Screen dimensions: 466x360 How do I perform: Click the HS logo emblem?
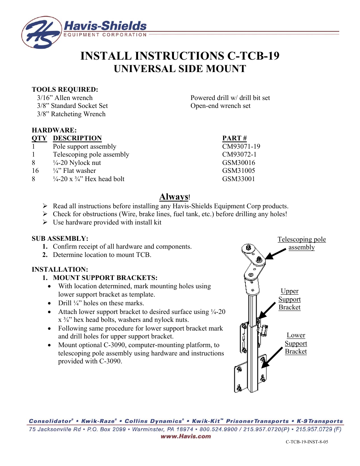pos(41,32)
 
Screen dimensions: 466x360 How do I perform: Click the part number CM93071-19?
pos(241,146)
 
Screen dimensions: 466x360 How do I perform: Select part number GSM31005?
pos(238,171)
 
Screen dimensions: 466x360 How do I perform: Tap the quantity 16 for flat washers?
pos(35,171)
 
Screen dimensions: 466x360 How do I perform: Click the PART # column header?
pos(234,138)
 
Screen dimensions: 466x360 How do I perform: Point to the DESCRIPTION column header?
pos(77,138)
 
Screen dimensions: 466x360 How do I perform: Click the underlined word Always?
pos(174,197)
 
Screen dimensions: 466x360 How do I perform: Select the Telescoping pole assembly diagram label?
pos(302,243)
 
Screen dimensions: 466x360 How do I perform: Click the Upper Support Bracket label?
pos(289,299)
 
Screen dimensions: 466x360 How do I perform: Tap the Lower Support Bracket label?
pos(296,343)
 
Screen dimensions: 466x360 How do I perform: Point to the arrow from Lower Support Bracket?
pos(272,357)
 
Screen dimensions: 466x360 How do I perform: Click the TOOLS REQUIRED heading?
pos(65,89)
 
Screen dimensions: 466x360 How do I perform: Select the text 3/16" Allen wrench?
pos(65,98)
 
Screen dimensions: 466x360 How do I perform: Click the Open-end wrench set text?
pos(220,106)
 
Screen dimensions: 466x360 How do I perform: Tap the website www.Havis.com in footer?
pos(186,436)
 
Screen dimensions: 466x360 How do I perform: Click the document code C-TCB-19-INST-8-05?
pos(306,441)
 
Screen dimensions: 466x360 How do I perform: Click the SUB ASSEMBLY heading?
pos(60,238)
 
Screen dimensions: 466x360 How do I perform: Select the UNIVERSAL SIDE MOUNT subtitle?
pos(180,69)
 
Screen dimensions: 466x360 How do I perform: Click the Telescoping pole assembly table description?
pos(91,154)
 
